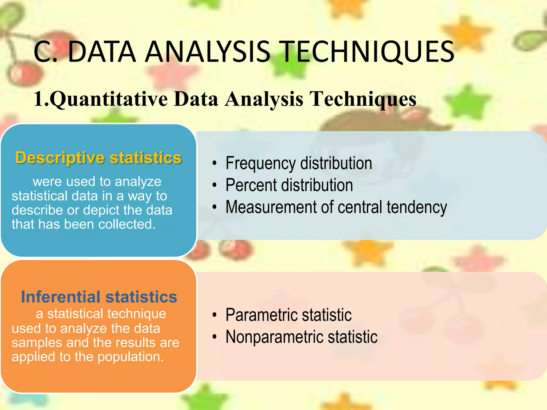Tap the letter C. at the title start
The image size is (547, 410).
(45, 52)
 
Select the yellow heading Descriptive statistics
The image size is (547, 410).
(99, 158)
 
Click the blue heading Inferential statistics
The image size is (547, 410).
(99, 297)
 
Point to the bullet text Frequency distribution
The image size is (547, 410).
(299, 163)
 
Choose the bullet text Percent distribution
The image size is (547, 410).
(289, 185)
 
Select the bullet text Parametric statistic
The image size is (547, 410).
(288, 315)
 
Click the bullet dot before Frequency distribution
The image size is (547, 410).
(214, 163)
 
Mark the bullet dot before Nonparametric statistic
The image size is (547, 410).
(214, 337)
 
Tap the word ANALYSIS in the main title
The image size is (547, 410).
(209, 52)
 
